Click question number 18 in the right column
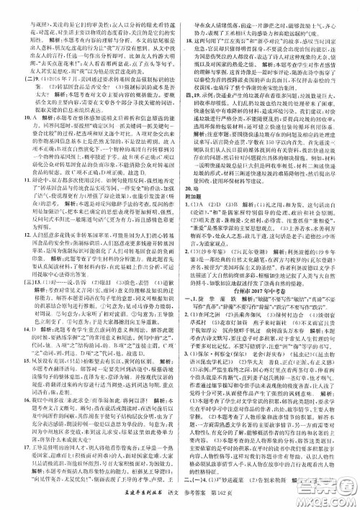coord(189,45)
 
